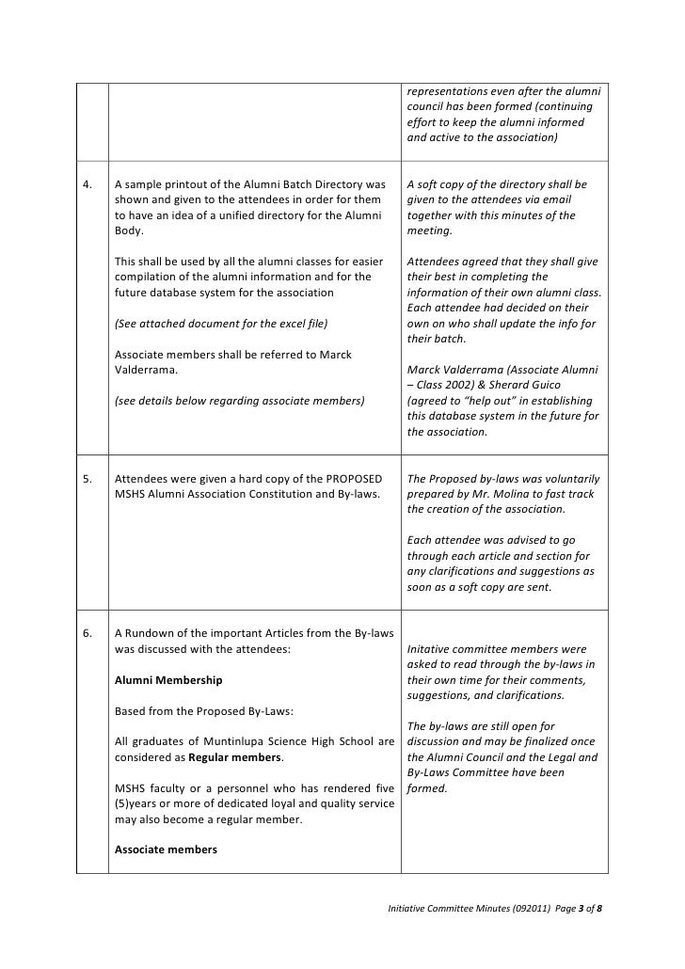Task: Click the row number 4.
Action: pyautogui.click(x=88, y=184)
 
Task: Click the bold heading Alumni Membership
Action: pyautogui.click(x=168, y=679)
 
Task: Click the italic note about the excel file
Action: pyautogui.click(x=220, y=324)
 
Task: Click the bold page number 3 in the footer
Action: pyautogui.click(x=581, y=911)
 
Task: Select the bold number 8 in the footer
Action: pyautogui.click(x=599, y=911)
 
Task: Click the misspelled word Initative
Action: pyautogui.click(x=429, y=649)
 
